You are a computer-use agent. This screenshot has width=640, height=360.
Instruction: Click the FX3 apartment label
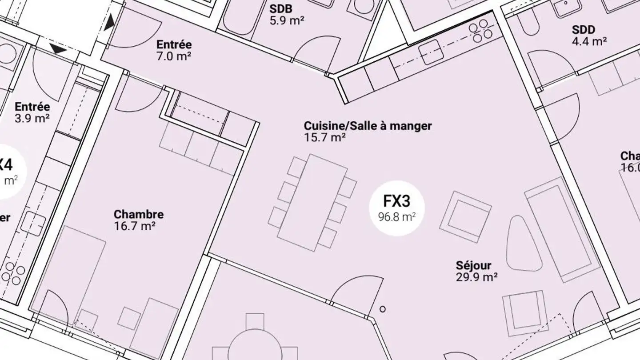pyautogui.click(x=396, y=201)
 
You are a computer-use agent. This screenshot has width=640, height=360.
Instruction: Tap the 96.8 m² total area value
pyautogui.click(x=396, y=217)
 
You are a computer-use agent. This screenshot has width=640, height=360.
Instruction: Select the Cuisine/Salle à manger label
pyautogui.click(x=368, y=126)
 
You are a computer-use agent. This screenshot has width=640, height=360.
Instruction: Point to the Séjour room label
pyautogui.click(x=473, y=265)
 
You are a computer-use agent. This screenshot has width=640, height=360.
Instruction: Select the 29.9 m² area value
pyautogui.click(x=476, y=277)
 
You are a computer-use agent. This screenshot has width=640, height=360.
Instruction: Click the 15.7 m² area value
pyautogui.click(x=324, y=137)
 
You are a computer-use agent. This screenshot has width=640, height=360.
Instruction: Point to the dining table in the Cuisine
pyautogui.click(x=313, y=202)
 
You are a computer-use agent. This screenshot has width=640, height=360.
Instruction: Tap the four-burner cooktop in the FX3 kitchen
pyautogui.click(x=483, y=30)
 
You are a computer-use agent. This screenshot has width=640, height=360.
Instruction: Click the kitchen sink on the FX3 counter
pyautogui.click(x=430, y=52)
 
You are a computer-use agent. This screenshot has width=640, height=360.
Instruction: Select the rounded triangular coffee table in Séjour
pyautogui.click(x=524, y=244)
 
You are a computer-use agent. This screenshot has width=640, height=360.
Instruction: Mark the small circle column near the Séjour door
pyautogui.click(x=382, y=309)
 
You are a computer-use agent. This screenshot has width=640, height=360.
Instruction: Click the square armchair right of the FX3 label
pyautogui.click(x=465, y=216)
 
